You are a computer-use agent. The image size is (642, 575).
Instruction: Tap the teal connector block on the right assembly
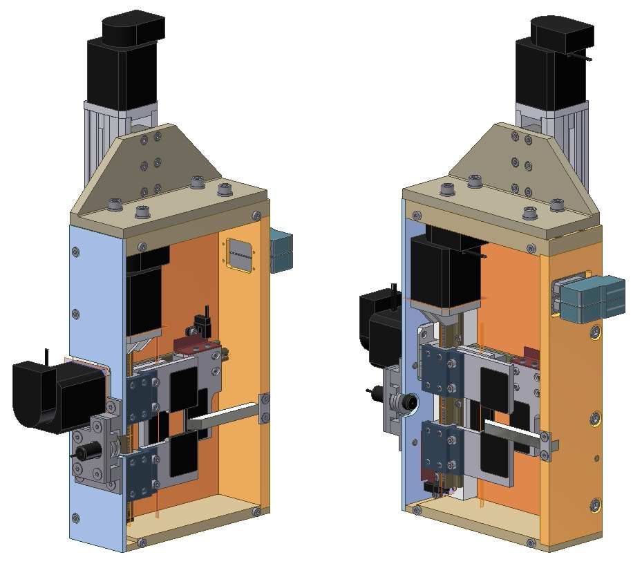pyautogui.click(x=592, y=298)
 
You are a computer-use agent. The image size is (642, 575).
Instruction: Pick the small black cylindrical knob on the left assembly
pyautogui.click(x=85, y=453)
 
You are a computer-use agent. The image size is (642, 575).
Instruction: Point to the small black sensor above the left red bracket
pyautogui.click(x=202, y=321)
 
